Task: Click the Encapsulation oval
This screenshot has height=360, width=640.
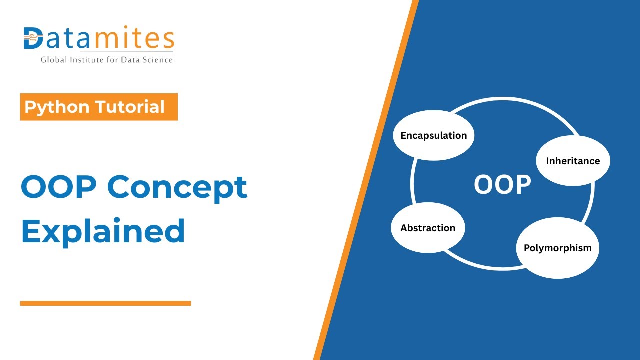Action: coord(433,135)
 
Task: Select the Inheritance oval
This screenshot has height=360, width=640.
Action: coord(573,161)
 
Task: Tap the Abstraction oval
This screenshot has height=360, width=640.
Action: coord(428,228)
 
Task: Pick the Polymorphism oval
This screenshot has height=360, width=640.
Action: coord(557,248)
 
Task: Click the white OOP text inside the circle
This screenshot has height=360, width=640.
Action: coord(502,185)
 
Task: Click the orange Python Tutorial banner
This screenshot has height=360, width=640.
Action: coord(99,107)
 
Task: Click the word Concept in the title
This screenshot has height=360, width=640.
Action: coord(177,188)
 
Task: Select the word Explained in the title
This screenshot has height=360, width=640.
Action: coord(103,231)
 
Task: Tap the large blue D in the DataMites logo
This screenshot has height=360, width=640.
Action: coord(33,38)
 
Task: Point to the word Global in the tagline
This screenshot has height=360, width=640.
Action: coord(53,60)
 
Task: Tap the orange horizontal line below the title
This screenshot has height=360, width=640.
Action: coord(105,303)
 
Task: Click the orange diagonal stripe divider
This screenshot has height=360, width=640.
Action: coord(365,180)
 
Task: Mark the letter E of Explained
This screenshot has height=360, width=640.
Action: coord(31,231)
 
